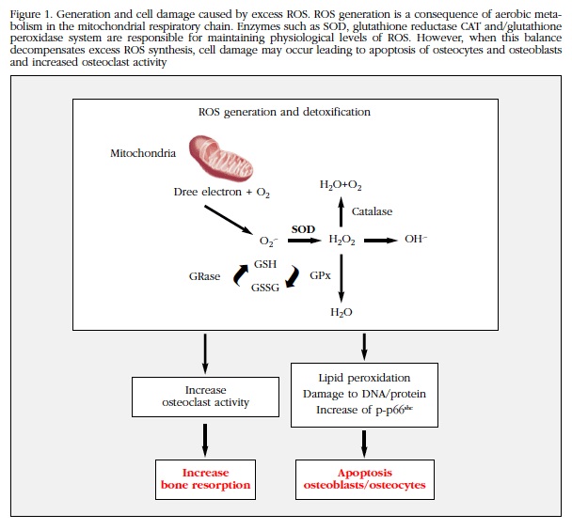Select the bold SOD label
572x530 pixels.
303,228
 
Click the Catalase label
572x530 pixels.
373,211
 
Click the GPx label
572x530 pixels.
320,276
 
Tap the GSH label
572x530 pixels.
266,265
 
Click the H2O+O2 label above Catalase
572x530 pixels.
340,185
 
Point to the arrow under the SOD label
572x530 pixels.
303,241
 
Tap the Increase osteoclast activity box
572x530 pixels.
205,397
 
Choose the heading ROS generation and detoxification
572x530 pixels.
284,112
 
